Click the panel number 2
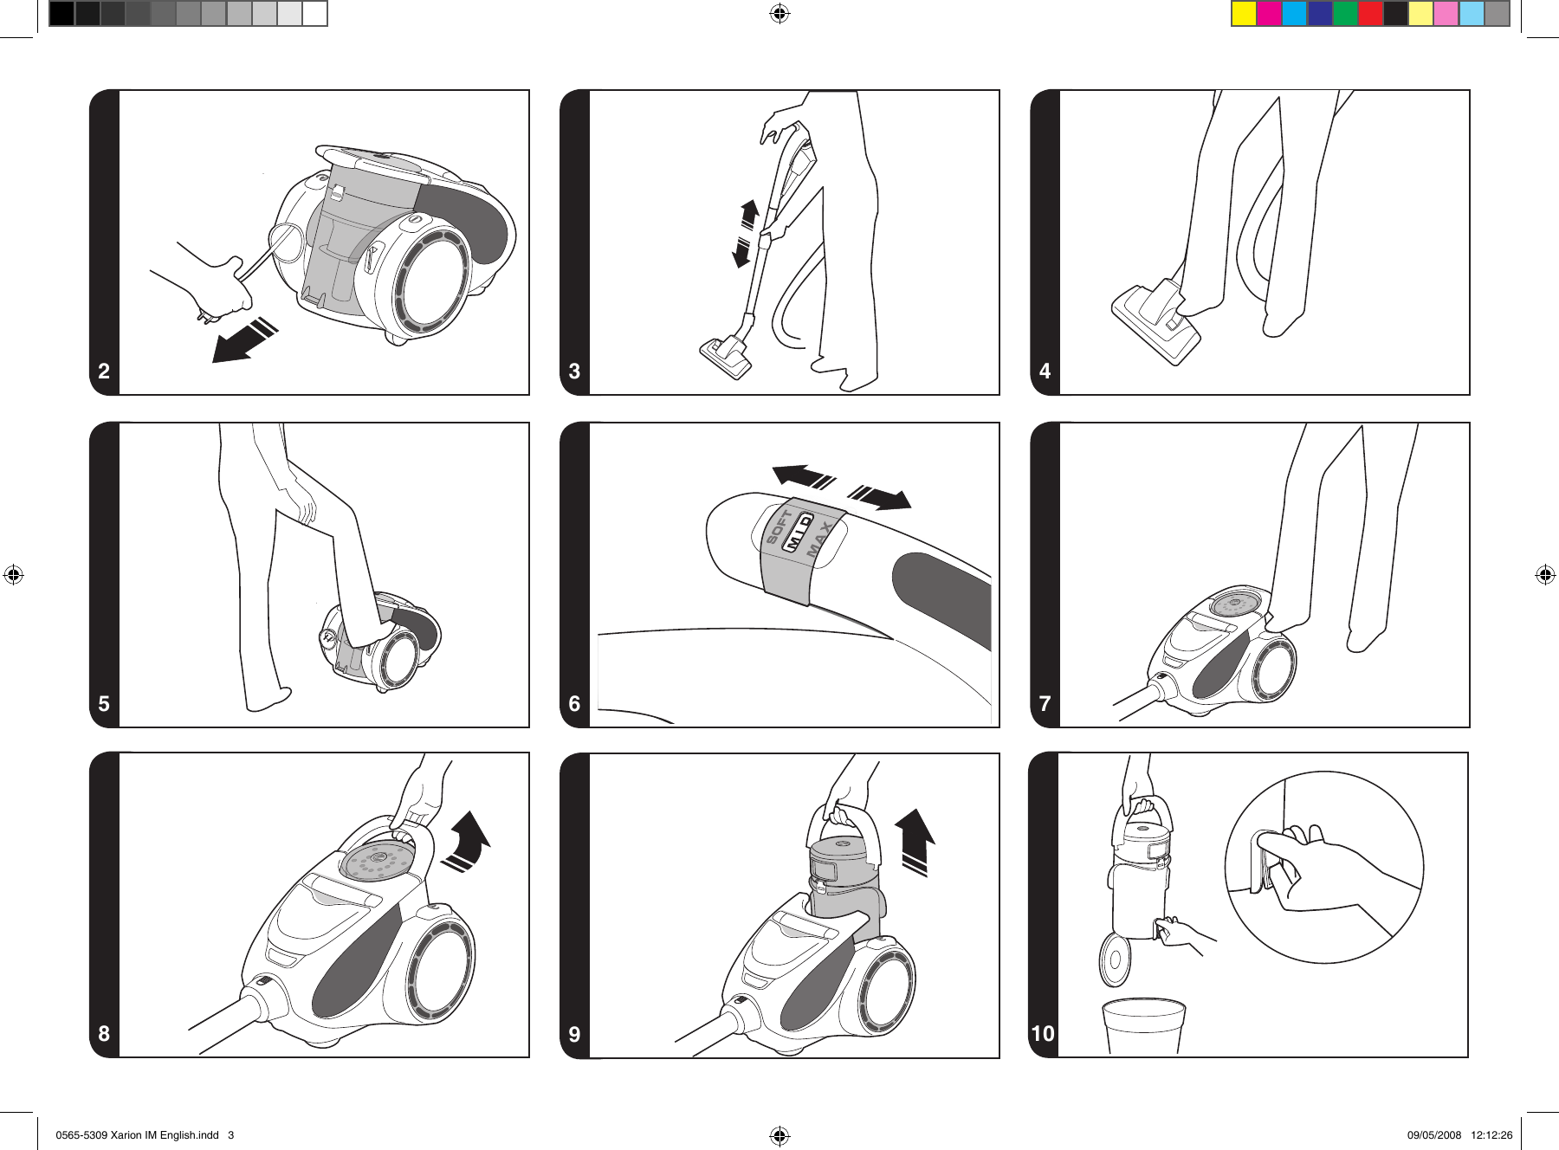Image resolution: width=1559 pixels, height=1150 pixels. [x=104, y=371]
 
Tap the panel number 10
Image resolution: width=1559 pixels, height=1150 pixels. [x=1043, y=1033]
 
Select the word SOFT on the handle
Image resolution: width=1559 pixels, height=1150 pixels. [x=778, y=527]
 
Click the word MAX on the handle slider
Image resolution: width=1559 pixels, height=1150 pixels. [x=820, y=539]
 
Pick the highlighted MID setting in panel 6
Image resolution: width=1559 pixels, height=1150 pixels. [x=798, y=532]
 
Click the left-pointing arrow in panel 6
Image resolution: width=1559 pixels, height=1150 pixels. [x=802, y=476]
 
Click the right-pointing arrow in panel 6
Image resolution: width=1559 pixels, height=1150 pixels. [x=881, y=498]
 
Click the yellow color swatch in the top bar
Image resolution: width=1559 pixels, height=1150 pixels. [x=1244, y=14]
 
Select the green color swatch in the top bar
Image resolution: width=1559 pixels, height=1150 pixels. [x=1345, y=14]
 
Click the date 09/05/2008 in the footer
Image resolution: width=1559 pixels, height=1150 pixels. [x=1433, y=1134]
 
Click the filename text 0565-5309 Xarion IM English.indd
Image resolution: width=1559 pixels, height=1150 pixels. [x=137, y=1134]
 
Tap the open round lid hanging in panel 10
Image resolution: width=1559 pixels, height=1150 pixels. [x=1115, y=959]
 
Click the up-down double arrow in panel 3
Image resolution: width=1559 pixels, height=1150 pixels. [x=746, y=233]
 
